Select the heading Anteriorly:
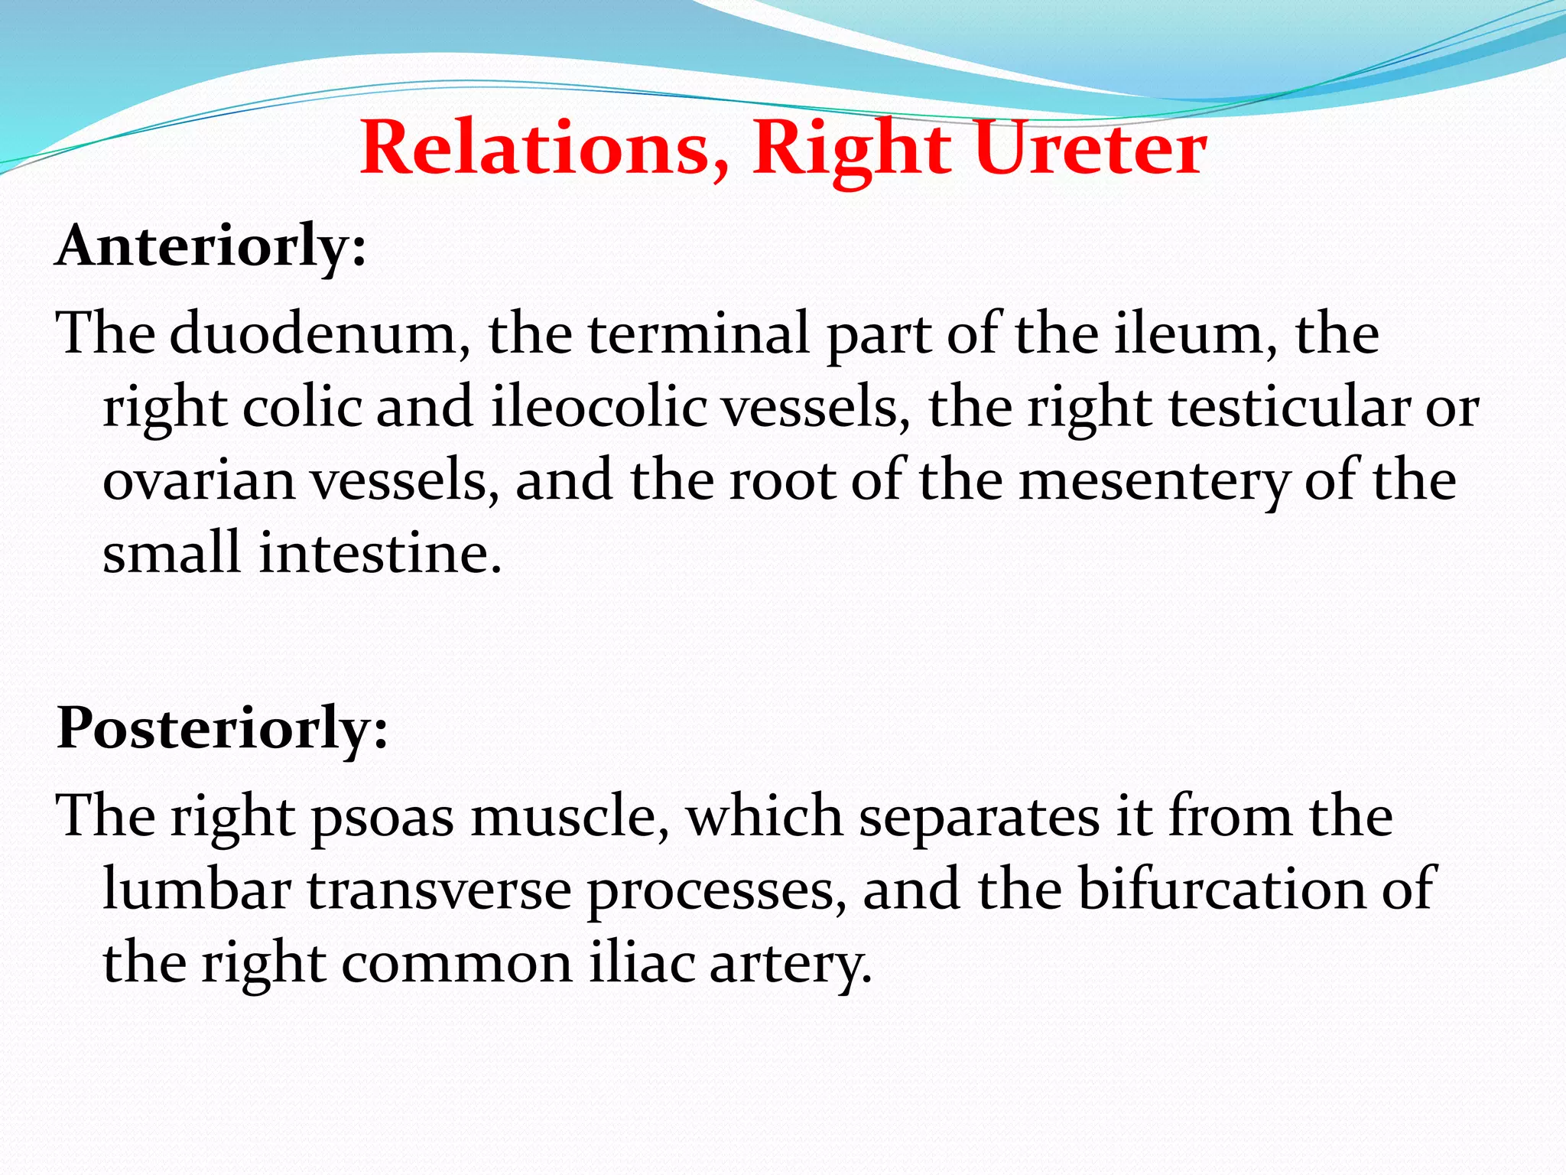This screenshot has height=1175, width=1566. coord(211,246)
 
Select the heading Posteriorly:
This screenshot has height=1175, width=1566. coord(222,728)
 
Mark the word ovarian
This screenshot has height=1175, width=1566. coord(199,480)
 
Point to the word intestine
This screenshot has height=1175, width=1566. coord(379,553)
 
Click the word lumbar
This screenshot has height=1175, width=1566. coord(197,889)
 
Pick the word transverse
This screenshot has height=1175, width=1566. coord(440,889)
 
